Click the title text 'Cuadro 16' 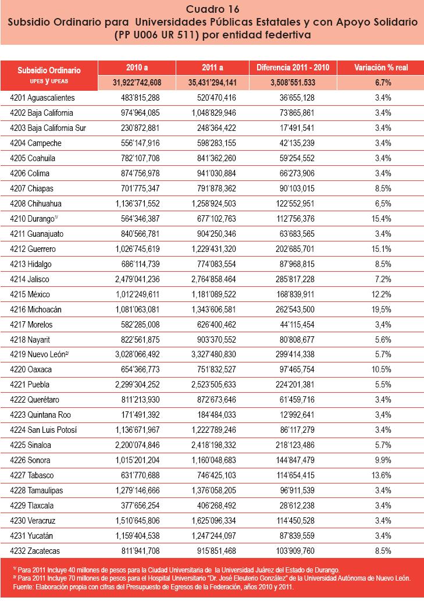[212, 9]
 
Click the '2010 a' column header [137, 67]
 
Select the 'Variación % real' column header [381, 67]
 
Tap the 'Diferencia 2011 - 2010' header [293, 67]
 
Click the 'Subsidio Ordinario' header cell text [49, 70]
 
